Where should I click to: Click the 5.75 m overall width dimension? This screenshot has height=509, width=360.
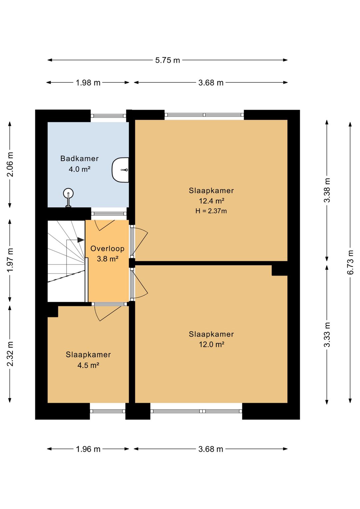[167, 60]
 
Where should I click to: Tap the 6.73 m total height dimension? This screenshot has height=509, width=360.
[350, 262]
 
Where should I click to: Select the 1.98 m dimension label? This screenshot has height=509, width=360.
[88, 83]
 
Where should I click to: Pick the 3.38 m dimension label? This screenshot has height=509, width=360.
[327, 190]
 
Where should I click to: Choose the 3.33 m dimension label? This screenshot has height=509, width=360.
[327, 335]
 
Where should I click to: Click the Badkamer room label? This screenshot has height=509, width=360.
[79, 158]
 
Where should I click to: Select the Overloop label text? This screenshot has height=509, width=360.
[107, 248]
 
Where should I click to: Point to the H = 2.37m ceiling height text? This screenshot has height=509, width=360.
[211, 211]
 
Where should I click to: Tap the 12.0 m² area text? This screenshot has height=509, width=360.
[212, 345]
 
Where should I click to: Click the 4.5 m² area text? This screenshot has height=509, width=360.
[88, 365]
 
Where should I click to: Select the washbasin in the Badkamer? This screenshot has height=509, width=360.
[120, 170]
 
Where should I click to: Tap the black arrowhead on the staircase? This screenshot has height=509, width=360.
[81, 240]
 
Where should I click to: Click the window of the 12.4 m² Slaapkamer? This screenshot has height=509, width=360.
[204, 115]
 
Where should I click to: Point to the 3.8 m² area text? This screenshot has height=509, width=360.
[107, 259]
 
